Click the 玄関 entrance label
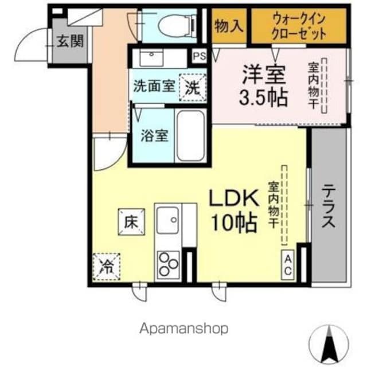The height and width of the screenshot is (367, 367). (x=71, y=41)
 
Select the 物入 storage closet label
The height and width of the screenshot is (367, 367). (x=229, y=26)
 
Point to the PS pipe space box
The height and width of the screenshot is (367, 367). (x=199, y=56)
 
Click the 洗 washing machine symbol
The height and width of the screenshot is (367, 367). (x=193, y=88)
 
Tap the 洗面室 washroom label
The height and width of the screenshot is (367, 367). (x=154, y=86)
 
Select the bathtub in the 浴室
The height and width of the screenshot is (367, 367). (x=191, y=135)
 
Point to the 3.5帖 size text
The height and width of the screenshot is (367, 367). (x=263, y=97)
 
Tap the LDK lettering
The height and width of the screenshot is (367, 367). (x=235, y=198)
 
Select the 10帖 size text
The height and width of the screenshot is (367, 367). (x=235, y=223)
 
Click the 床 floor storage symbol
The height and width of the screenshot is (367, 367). (x=131, y=222)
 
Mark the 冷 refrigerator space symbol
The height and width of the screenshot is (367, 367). (x=107, y=267)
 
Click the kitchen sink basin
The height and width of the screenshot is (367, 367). (x=168, y=220)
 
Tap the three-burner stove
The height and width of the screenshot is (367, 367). (x=168, y=264)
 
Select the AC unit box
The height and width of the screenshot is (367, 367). (x=287, y=265)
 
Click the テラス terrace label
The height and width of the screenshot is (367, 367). (x=329, y=206)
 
